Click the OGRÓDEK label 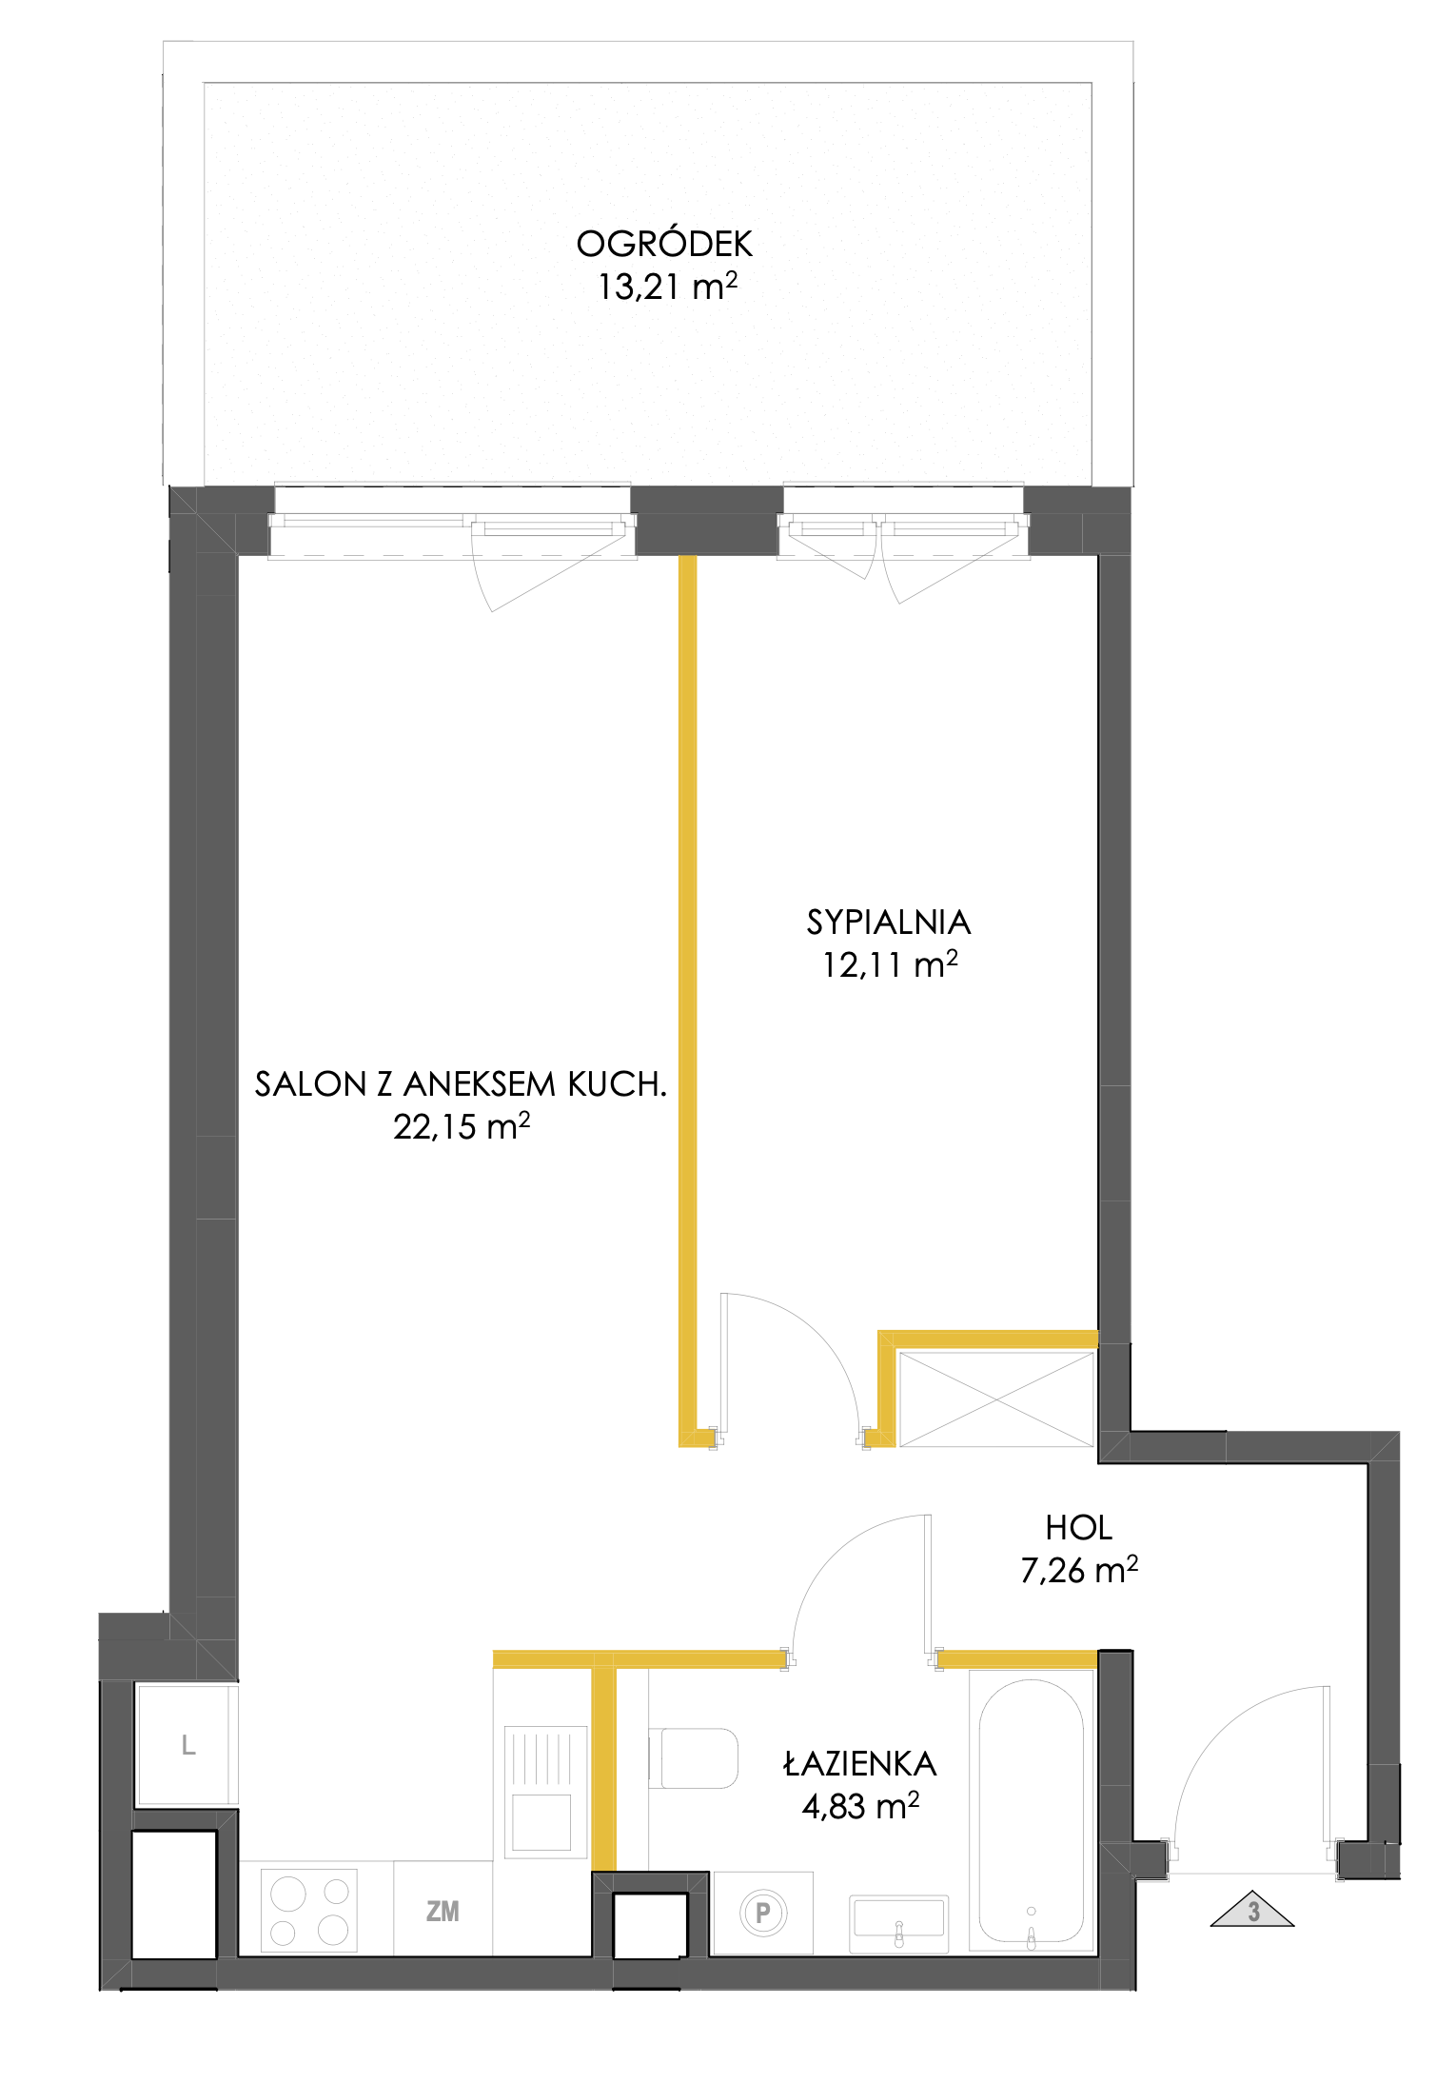[x=664, y=244]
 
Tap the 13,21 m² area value [x=667, y=286]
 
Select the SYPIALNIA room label [x=889, y=922]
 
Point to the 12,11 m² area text [x=890, y=964]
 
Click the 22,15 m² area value [x=462, y=1126]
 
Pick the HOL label [x=1078, y=1528]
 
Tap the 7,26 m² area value [x=1079, y=1570]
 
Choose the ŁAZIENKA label [x=860, y=1763]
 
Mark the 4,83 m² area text [x=860, y=1806]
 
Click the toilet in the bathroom [x=695, y=1758]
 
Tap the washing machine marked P [x=763, y=1912]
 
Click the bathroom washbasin [x=899, y=1921]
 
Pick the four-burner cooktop [x=309, y=1910]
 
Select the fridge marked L [x=187, y=1745]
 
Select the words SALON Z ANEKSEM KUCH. [x=461, y=1083]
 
